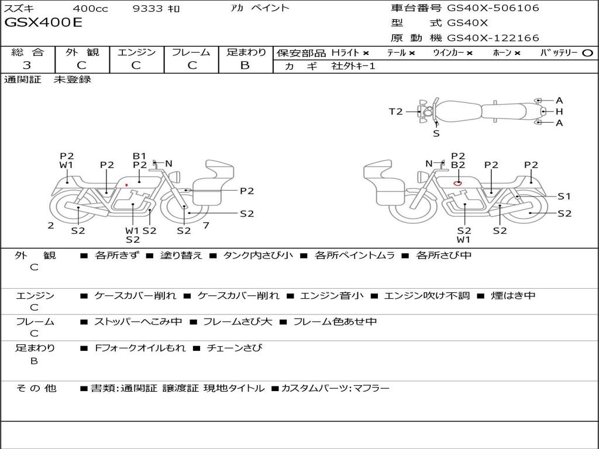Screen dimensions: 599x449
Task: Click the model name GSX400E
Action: tap(44, 23)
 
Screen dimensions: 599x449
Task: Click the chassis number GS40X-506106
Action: tap(493, 8)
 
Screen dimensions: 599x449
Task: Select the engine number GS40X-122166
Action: tap(493, 38)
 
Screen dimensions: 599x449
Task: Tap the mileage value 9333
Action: tap(148, 9)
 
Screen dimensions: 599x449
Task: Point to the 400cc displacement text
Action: tap(90, 9)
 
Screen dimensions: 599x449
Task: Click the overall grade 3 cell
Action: tap(27, 65)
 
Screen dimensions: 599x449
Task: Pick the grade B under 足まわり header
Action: tap(245, 65)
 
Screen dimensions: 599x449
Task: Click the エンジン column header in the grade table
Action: tap(136, 53)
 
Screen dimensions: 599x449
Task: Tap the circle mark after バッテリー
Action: tap(587, 53)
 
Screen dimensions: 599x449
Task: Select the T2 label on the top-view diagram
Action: tap(396, 112)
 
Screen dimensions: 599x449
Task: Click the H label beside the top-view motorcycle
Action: tap(559, 112)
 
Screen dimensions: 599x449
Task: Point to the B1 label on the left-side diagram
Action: tap(139, 156)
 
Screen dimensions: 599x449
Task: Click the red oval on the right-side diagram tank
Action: tap(457, 183)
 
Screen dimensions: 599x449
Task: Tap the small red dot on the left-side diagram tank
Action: tap(126, 185)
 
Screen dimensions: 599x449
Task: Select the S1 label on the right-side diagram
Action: tap(564, 196)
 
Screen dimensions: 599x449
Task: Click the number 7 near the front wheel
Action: tap(206, 225)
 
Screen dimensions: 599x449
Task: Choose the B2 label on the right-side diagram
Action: tap(457, 165)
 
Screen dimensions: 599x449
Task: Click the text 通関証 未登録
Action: tap(48, 80)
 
